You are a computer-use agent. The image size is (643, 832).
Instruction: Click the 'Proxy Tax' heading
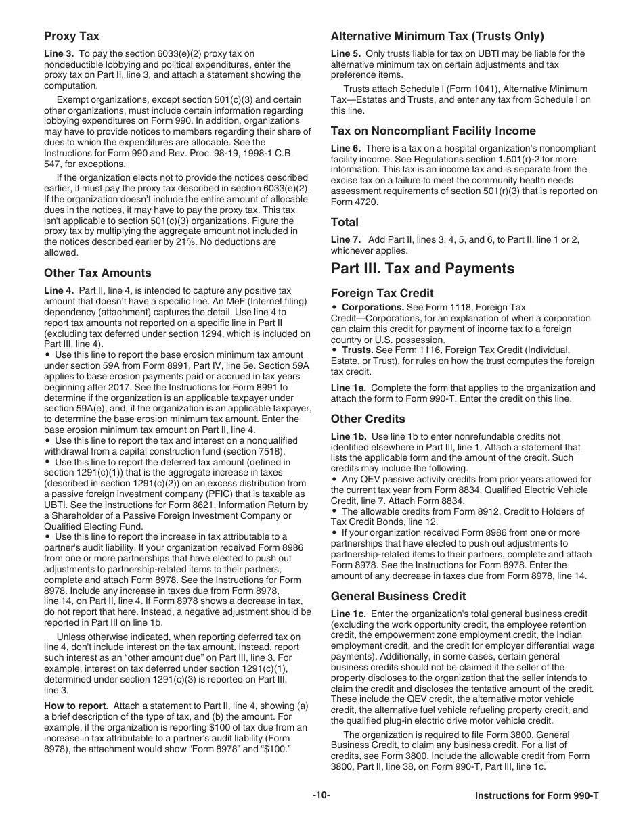click(71, 37)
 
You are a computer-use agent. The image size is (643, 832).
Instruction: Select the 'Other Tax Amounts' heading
click(97, 273)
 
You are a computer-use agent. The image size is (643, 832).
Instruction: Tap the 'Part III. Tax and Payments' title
click(422, 269)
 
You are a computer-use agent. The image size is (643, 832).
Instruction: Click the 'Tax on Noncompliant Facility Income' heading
click(433, 131)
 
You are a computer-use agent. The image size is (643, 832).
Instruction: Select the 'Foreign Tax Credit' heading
click(382, 294)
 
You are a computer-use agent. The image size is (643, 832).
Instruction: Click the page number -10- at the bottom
click(321, 795)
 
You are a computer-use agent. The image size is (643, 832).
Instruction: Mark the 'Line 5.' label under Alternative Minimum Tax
click(347, 54)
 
